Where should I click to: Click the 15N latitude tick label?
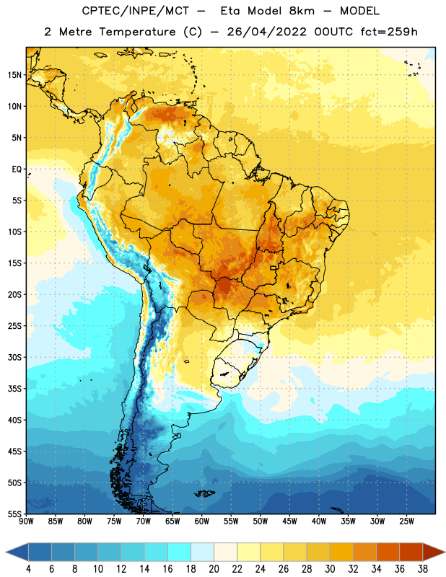(x=14, y=75)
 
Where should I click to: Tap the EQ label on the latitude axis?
(x=17, y=169)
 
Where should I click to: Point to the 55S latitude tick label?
(x=14, y=514)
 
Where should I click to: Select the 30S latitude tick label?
(x=14, y=357)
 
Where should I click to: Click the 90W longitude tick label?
(x=26, y=521)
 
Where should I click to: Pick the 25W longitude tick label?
(x=406, y=521)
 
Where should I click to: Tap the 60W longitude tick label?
(x=202, y=521)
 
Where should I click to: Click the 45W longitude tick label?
(x=289, y=521)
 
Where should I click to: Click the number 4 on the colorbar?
(x=28, y=569)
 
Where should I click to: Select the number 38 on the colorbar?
(x=423, y=569)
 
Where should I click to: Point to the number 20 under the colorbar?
(x=214, y=569)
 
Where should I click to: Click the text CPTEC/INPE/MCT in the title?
(x=136, y=11)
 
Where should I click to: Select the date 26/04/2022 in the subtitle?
(x=266, y=32)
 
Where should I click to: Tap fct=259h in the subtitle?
(x=389, y=32)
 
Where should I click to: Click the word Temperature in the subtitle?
(x=137, y=32)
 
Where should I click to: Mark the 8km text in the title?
(x=302, y=11)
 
